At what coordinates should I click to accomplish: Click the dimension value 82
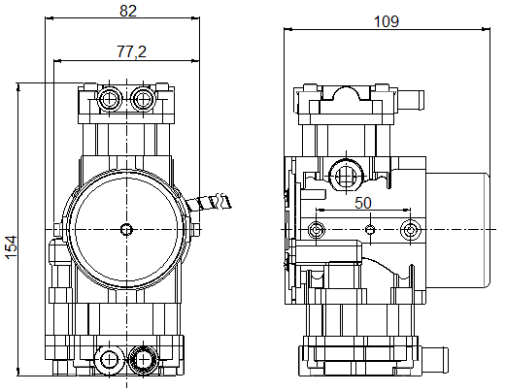[x=128, y=11]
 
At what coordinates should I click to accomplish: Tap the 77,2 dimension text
[x=131, y=51]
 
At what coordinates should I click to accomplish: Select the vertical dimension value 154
[x=12, y=247]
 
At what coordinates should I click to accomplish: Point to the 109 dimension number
[x=387, y=21]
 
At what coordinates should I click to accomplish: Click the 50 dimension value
[x=363, y=203]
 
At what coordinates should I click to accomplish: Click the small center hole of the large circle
[x=126, y=229]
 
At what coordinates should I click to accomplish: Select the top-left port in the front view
[x=110, y=99]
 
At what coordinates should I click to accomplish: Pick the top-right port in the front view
[x=143, y=99]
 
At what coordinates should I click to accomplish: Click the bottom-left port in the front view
[x=110, y=360]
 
